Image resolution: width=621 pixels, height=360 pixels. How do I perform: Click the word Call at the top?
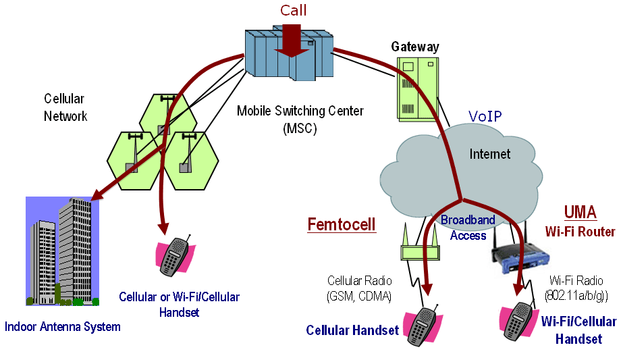293,10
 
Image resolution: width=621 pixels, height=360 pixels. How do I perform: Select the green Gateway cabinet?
416,88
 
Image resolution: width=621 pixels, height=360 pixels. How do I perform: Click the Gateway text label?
415,47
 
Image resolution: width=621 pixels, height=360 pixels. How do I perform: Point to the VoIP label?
485,117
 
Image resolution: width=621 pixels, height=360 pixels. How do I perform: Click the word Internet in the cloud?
490,154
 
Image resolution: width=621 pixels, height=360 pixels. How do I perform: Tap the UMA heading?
580,213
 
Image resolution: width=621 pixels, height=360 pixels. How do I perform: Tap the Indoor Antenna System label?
63,327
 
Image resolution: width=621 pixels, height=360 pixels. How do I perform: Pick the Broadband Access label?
468,228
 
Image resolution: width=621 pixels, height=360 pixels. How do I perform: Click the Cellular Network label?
65,107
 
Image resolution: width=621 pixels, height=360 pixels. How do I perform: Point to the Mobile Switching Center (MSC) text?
300,119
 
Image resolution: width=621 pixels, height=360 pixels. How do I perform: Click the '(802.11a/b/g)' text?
576,294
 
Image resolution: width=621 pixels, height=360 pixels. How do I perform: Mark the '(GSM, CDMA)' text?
359,294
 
